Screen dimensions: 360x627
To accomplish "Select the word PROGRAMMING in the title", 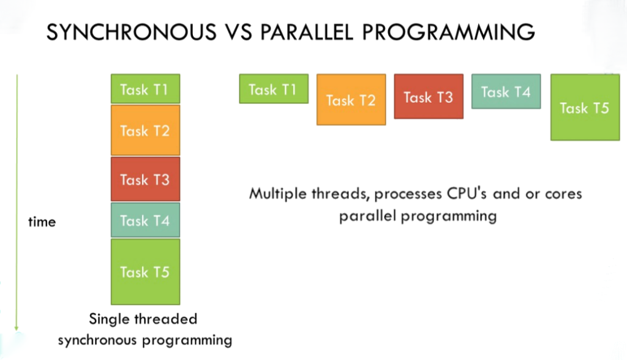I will (457, 32).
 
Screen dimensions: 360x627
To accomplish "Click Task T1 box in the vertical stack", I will (145, 89).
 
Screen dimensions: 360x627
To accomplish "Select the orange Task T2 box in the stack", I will (145, 130).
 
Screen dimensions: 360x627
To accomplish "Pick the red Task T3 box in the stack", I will (145, 179).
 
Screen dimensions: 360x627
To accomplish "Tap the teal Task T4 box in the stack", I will (145, 220).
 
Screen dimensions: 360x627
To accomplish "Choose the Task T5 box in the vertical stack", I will (145, 272).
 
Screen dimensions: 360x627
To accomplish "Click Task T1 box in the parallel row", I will (273, 89).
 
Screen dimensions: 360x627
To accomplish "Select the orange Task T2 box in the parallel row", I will (351, 100).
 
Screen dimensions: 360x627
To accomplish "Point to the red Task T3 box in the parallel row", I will (429, 97).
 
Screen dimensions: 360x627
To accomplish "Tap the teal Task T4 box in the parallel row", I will (506, 92).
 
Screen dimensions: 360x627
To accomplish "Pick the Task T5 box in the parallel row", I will (585, 108).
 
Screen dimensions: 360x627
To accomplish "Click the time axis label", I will (42, 222).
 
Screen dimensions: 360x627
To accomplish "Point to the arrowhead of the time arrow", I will (17, 329).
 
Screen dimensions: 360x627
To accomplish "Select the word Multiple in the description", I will (278, 194).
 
